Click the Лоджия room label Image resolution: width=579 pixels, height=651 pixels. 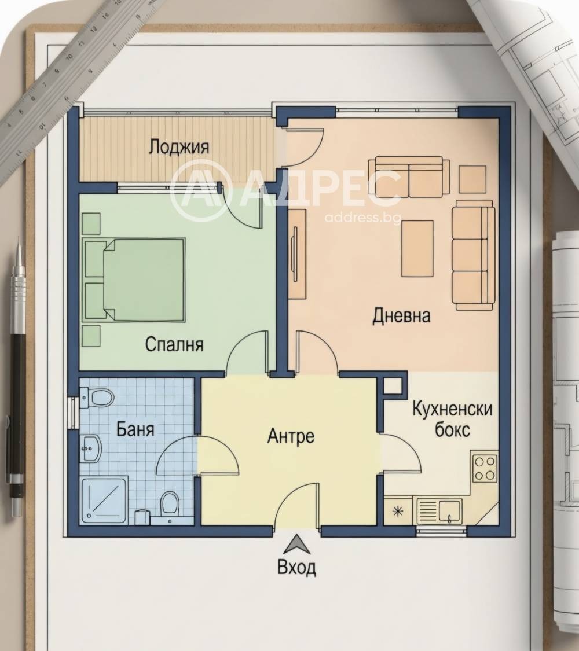point(179,148)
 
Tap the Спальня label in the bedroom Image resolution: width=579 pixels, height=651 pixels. point(174,345)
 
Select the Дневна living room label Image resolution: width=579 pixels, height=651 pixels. point(401,315)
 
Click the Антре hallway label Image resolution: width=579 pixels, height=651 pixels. point(291,436)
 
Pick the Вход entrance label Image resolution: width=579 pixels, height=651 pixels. point(296,567)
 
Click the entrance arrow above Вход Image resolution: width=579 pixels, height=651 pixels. point(296,545)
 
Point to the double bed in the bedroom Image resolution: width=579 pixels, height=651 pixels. point(134,280)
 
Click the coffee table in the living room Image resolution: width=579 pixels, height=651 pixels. point(417,248)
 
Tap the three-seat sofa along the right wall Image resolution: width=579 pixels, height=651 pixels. point(473,255)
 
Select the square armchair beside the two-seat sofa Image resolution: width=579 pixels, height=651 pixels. point(472,179)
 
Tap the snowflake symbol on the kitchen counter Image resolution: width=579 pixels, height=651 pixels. point(398,511)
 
